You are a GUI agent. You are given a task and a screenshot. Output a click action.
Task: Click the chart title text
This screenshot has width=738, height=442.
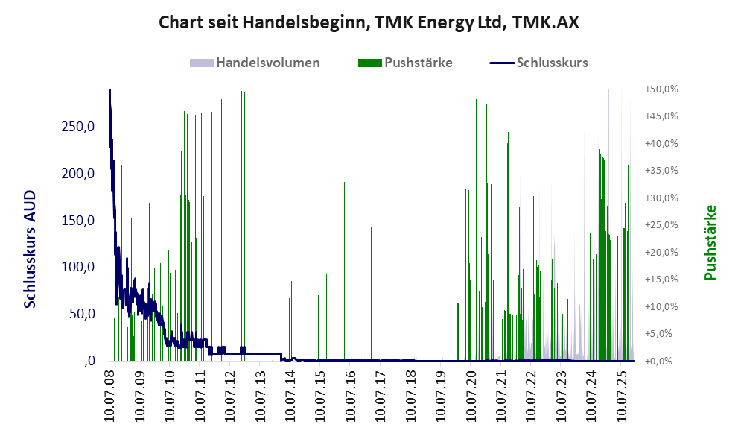coord(369,22)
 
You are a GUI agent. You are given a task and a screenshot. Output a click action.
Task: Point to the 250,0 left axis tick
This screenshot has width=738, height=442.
coord(79,127)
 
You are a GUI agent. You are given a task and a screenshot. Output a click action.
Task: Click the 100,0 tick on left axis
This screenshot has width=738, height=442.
coord(79,267)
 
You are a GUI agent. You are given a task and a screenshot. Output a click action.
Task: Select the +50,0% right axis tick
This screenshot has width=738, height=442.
coord(661,89)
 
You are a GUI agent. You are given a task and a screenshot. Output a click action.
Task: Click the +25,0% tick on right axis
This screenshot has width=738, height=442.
coord(661,225)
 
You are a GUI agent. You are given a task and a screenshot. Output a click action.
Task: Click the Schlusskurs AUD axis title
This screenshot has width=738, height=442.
coord(31,248)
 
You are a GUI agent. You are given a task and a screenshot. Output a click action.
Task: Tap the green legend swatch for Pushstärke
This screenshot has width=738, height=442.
coord(369,63)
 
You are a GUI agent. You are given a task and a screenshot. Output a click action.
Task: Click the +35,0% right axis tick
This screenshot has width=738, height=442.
coord(661,171)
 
